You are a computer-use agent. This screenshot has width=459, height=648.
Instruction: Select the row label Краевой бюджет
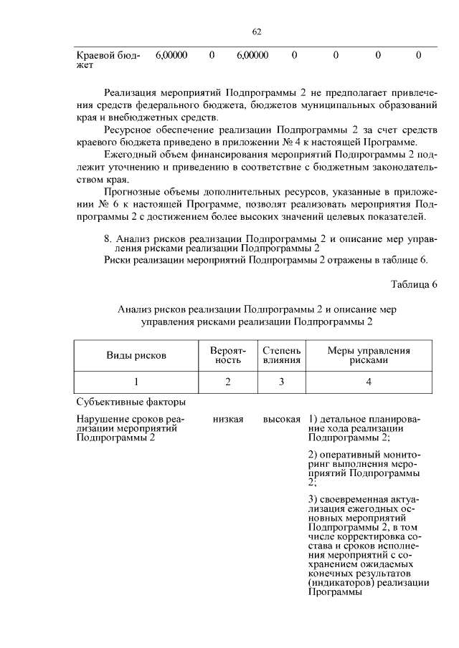(108, 59)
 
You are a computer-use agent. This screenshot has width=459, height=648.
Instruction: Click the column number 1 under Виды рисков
(136, 382)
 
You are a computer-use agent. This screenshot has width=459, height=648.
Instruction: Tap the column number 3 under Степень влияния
(282, 382)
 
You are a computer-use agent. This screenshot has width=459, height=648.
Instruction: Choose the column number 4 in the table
(369, 382)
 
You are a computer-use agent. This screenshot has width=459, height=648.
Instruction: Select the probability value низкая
(228, 419)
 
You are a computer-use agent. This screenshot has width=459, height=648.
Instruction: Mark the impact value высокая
(281, 419)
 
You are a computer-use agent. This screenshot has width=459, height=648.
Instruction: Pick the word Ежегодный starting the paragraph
(130, 155)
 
